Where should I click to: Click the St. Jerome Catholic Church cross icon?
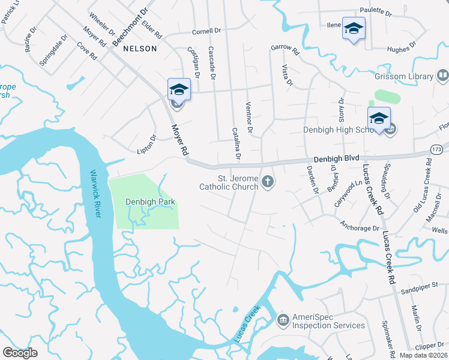click(x=268, y=181)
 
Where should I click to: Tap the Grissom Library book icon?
click(x=443, y=76)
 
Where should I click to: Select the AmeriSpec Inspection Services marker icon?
click(x=282, y=321)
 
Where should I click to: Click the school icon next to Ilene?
click(x=354, y=29)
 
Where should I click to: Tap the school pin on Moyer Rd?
click(x=179, y=90)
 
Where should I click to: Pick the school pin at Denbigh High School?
click(x=379, y=119)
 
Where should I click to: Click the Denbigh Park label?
click(x=150, y=202)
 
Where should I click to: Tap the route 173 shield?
click(x=438, y=148)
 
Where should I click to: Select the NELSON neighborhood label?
click(x=140, y=49)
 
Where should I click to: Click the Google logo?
click(x=20, y=353)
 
